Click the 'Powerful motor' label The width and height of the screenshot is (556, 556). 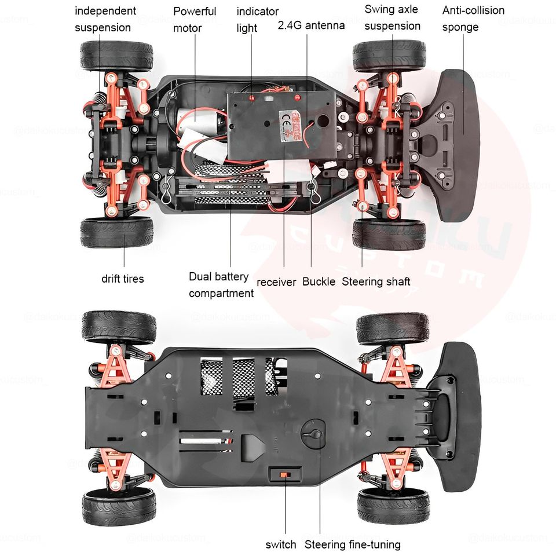pyautogui.click(x=195, y=19)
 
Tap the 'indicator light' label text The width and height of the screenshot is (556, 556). pyautogui.click(x=257, y=19)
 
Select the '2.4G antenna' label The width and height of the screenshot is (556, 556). pyautogui.click(x=311, y=25)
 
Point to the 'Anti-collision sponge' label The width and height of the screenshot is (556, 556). pyautogui.click(x=473, y=19)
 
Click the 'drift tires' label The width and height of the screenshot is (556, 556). pyautogui.click(x=123, y=279)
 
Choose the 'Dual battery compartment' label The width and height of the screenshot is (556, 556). pyautogui.click(x=221, y=285)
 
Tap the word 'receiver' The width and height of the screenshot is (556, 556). pyautogui.click(x=276, y=282)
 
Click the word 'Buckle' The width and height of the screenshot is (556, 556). pyautogui.click(x=319, y=281)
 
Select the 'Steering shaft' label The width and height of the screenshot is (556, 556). pyautogui.click(x=376, y=281)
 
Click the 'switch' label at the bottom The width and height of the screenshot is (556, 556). pyautogui.click(x=280, y=544)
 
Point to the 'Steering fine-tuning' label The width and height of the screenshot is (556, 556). pyautogui.click(x=352, y=544)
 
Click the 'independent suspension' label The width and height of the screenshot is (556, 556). pyautogui.click(x=105, y=19)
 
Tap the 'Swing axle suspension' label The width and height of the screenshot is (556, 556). pyautogui.click(x=392, y=17)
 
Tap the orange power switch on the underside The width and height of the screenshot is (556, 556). pyautogui.click(x=285, y=474)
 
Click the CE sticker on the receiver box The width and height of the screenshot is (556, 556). pyautogui.click(x=287, y=124)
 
